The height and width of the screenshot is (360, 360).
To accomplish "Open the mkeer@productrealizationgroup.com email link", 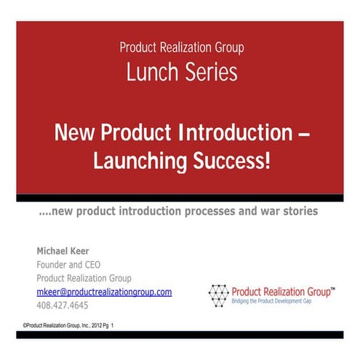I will (104, 292).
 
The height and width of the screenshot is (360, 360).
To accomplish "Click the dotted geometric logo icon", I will (218, 295).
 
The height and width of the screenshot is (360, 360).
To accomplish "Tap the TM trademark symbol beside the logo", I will (332, 288).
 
